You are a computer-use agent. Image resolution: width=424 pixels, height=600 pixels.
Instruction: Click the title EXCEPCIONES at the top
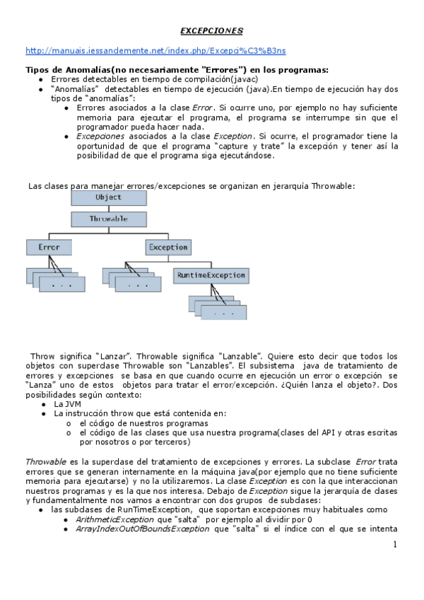point(211,31)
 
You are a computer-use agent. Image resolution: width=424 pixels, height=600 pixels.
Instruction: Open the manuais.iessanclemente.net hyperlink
point(155,51)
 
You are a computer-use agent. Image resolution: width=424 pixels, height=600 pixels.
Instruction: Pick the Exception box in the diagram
point(168,248)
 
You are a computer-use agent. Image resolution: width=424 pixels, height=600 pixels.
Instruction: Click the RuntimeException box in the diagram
point(210,275)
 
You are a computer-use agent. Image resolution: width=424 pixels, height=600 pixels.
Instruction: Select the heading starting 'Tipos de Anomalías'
point(177,70)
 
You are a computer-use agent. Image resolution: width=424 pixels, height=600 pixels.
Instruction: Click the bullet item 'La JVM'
point(68,404)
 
